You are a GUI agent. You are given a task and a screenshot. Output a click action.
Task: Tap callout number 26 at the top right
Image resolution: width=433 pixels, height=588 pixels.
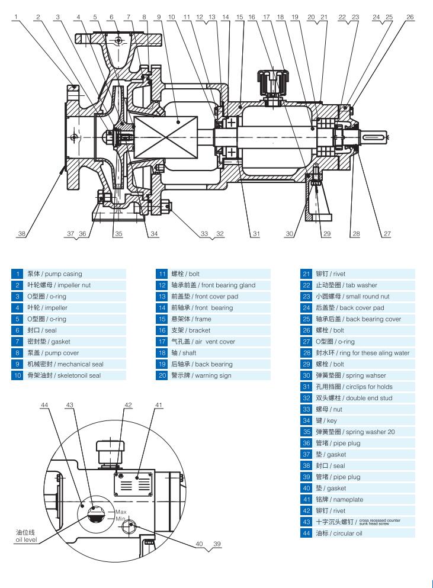(410, 17)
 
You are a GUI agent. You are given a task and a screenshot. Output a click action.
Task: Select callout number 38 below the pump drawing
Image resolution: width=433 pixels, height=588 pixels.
(21, 234)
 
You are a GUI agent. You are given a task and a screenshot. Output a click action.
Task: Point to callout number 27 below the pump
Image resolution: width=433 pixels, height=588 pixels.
(387, 234)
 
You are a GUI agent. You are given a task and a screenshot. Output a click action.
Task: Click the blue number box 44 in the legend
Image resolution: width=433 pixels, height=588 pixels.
(306, 534)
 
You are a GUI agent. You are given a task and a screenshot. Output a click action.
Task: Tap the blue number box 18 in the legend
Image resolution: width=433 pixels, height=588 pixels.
(162, 353)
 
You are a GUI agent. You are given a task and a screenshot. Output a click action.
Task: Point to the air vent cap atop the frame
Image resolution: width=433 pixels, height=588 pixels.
(272, 79)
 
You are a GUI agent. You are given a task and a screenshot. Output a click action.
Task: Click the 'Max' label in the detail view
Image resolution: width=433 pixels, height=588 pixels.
(121, 512)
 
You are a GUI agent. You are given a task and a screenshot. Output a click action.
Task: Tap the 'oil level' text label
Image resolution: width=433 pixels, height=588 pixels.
(25, 539)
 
